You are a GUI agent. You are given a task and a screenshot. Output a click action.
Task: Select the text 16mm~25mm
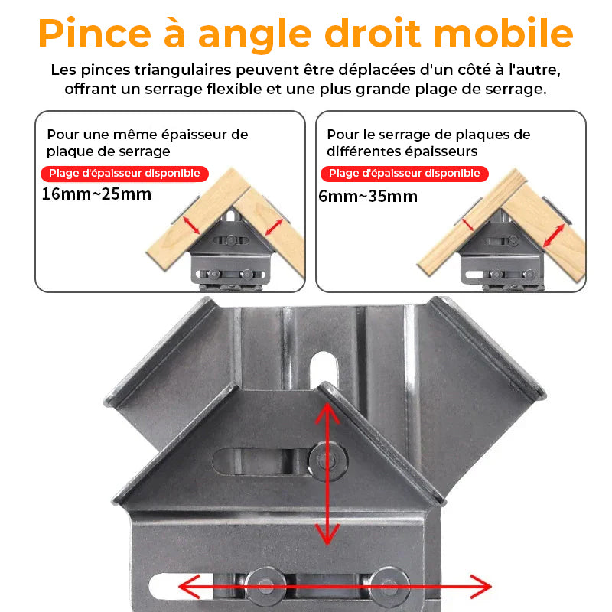[96, 194]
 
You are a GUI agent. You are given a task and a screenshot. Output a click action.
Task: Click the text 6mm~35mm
[368, 196]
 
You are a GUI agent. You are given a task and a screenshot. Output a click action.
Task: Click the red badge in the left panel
[125, 174]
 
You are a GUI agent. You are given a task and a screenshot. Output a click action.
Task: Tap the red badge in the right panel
[404, 174]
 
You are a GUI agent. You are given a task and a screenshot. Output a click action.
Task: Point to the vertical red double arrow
[327, 474]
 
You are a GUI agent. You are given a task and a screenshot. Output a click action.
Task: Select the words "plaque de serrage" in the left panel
[108, 151]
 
